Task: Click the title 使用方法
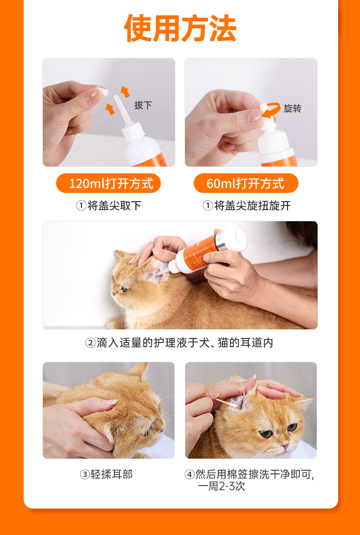click(x=180, y=29)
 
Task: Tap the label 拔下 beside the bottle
click(x=143, y=105)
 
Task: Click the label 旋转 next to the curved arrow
click(x=293, y=109)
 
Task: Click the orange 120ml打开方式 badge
click(x=108, y=183)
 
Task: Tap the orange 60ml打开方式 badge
click(x=246, y=183)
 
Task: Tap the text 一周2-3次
click(x=221, y=486)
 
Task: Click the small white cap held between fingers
click(x=103, y=91)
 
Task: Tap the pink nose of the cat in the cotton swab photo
click(x=285, y=446)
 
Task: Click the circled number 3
click(x=85, y=474)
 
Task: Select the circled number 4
click(x=189, y=474)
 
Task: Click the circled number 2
click(x=90, y=343)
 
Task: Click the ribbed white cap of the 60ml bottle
click(x=273, y=140)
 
